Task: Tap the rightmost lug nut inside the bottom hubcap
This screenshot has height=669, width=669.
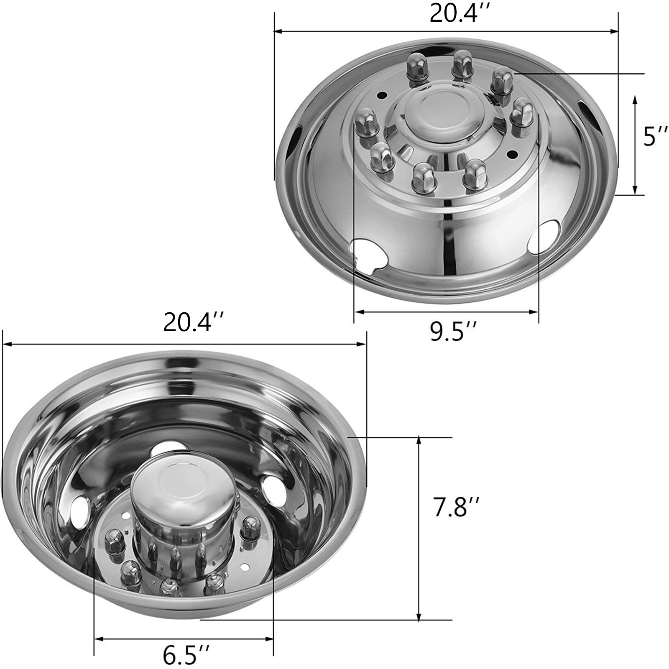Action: coord(250,527)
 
